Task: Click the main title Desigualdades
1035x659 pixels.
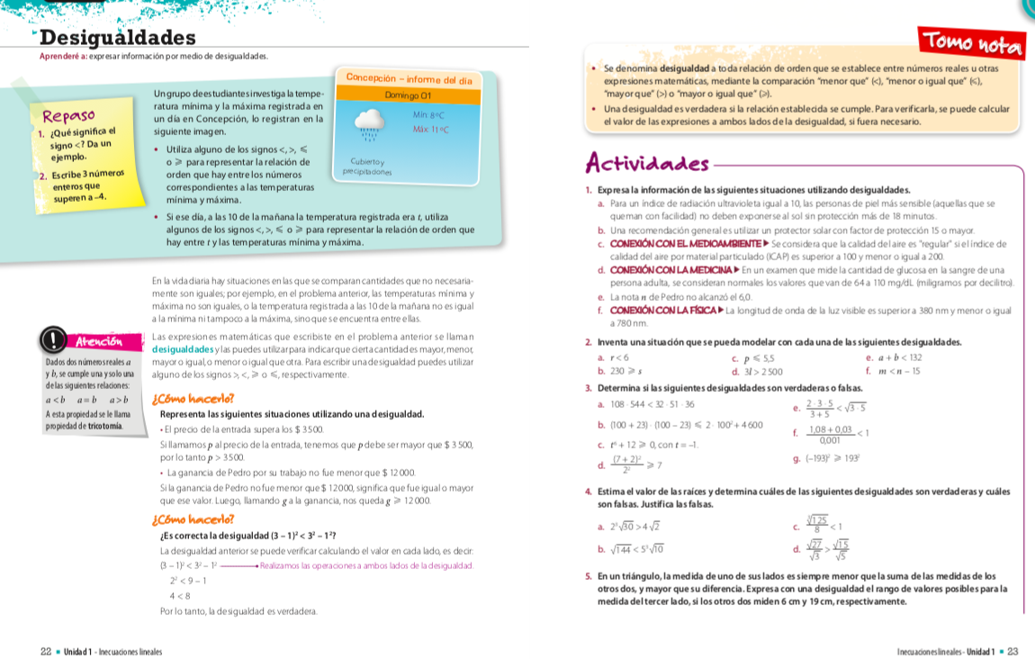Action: [118, 38]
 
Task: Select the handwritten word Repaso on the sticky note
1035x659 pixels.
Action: [69, 116]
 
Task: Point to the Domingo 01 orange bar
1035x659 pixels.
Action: [408, 95]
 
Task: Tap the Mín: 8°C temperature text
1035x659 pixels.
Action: [429, 115]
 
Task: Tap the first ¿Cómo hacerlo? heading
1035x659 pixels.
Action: [193, 398]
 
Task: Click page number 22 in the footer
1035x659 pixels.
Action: [45, 651]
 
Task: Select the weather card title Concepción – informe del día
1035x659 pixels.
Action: [409, 79]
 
